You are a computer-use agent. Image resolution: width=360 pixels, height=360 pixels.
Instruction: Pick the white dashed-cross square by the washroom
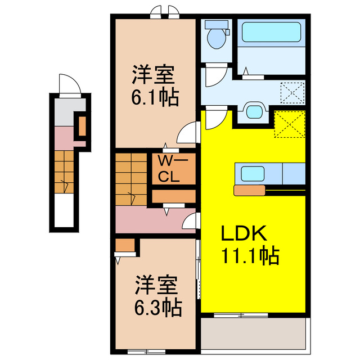[292, 92]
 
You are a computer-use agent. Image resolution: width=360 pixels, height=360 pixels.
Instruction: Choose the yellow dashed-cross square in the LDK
[290, 124]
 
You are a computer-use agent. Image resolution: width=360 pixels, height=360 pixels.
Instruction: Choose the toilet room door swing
[214, 76]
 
